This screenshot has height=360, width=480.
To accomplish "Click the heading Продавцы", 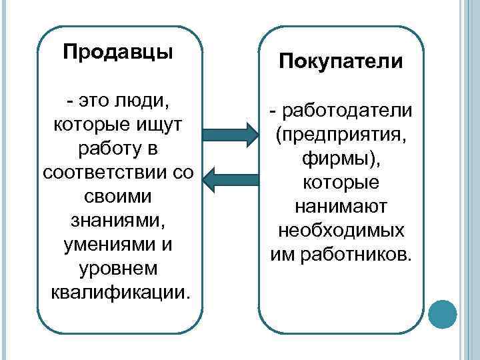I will (118, 53).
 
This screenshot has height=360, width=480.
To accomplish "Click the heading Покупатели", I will (341, 62).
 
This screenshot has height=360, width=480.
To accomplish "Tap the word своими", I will (118, 197).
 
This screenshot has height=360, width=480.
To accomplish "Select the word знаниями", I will (118, 220).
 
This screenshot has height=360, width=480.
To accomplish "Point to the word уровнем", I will (118, 268).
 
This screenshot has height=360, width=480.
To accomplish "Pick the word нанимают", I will (341, 206).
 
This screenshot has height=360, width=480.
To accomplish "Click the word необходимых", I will (341, 230).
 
